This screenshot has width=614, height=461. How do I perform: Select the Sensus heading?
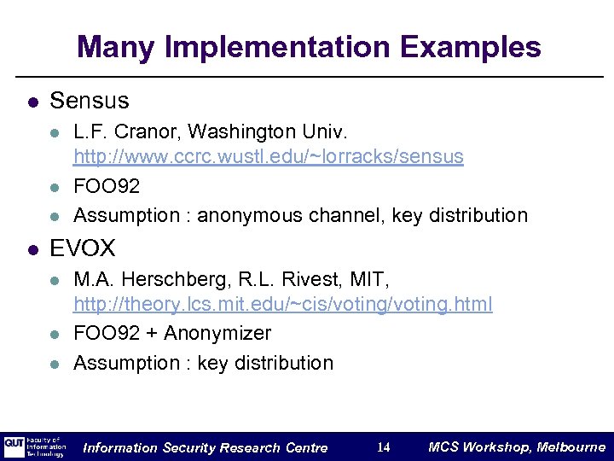coord(90,101)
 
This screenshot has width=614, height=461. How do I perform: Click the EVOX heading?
coord(83,248)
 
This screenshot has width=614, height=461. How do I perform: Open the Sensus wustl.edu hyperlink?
coord(269,157)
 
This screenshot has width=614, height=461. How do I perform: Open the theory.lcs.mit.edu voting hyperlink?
coord(283,304)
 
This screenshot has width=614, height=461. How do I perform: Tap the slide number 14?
coord(384,447)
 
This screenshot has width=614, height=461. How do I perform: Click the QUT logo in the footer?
coord(14,446)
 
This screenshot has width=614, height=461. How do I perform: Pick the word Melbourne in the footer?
coord(568,447)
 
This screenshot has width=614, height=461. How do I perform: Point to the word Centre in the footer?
coord(305,448)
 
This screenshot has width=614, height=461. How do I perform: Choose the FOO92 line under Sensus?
coord(107,186)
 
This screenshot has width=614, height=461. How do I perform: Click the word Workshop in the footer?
coord(495,447)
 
